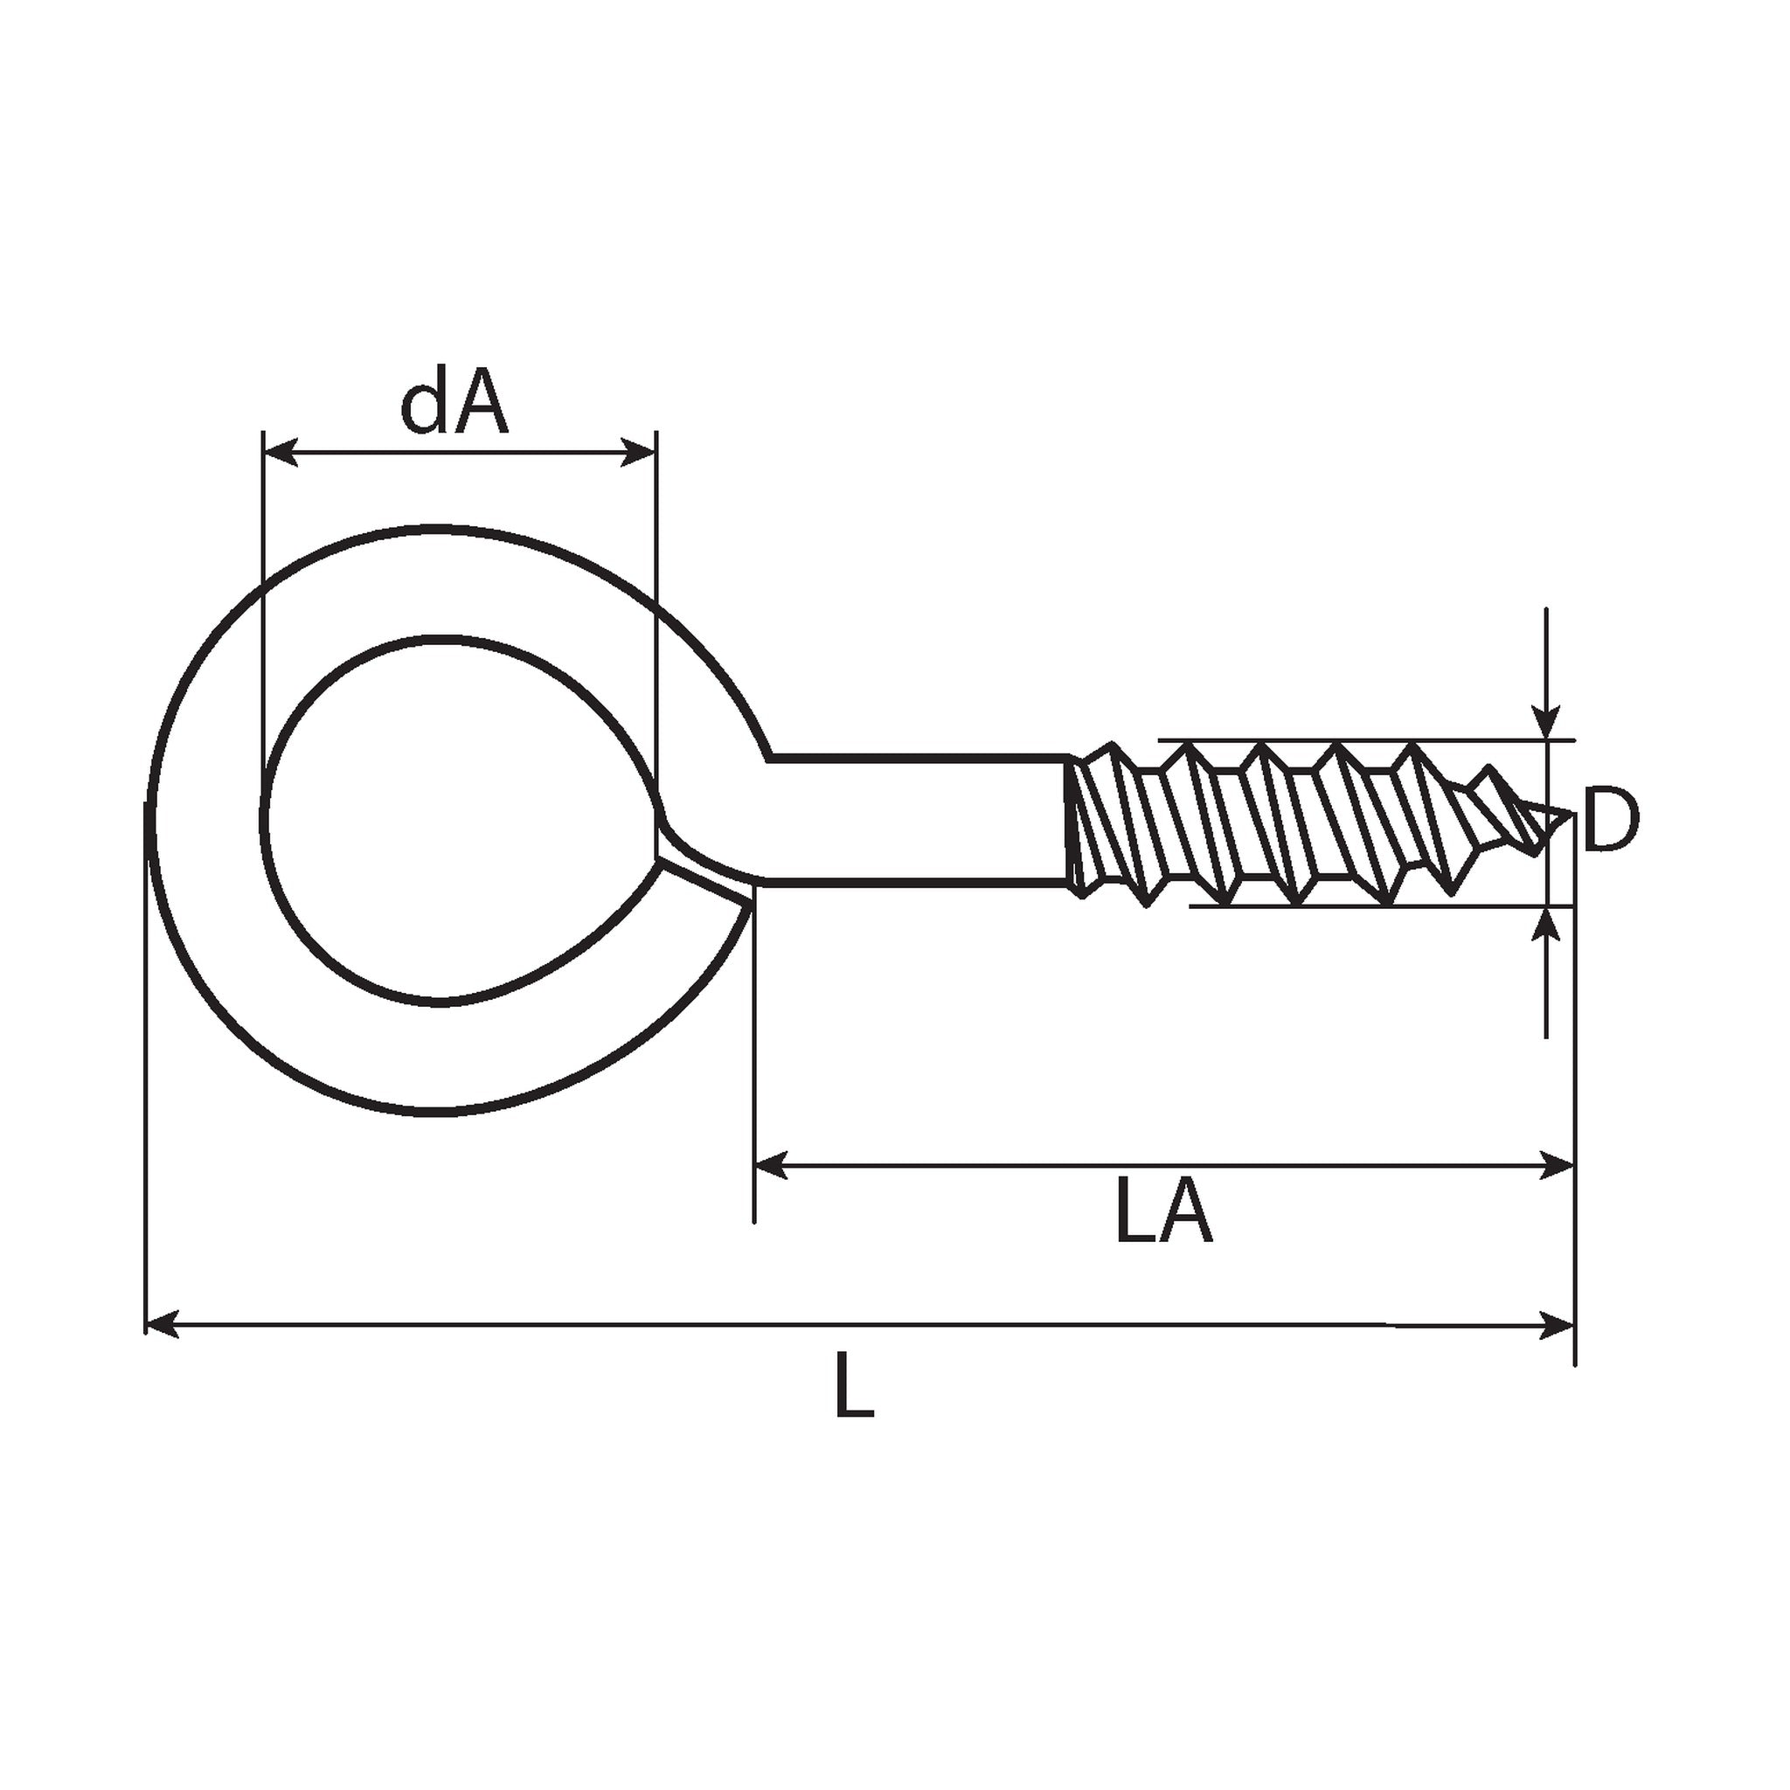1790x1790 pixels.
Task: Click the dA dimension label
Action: point(454,406)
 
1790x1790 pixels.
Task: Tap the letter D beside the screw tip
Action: point(1611,820)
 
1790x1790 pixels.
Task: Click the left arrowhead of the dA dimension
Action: point(281,453)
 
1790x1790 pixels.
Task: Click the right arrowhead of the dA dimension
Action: point(639,453)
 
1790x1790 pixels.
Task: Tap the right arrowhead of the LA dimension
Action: point(1557,1166)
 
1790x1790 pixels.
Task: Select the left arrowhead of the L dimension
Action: point(163,1325)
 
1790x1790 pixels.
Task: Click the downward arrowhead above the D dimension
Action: point(1545,724)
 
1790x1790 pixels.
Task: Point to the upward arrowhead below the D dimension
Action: point(1545,923)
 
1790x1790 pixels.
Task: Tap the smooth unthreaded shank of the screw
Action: point(917,821)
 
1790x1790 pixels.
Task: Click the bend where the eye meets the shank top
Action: point(767,757)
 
